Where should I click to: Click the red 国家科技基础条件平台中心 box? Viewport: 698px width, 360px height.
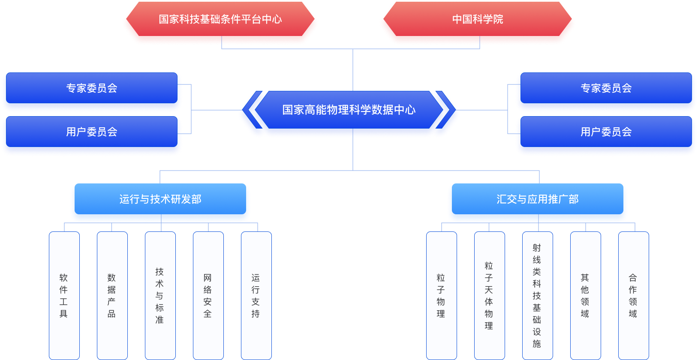pyautogui.click(x=220, y=20)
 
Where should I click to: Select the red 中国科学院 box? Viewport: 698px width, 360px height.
pyautogui.click(x=477, y=20)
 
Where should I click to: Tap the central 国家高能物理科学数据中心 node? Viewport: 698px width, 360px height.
pyautogui.click(x=349, y=110)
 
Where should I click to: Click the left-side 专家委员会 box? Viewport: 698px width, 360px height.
pyautogui.click(x=91, y=88)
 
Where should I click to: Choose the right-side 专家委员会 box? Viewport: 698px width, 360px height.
pyautogui.click(x=606, y=88)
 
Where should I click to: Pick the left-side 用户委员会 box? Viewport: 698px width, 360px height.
pyautogui.click(x=91, y=132)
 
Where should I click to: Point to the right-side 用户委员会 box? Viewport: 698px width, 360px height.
pyautogui.click(x=606, y=132)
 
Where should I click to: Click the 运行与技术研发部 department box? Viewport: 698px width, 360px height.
pyautogui.click(x=160, y=199)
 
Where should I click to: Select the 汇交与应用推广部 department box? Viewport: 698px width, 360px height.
pyautogui.click(x=537, y=199)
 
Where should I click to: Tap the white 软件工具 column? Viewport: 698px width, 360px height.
pyautogui.click(x=64, y=295)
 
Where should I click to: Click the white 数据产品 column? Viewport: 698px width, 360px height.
pyautogui.click(x=112, y=295)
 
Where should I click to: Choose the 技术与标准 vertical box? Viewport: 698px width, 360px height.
pyautogui.click(x=160, y=295)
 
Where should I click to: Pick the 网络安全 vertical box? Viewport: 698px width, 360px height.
pyautogui.click(x=208, y=295)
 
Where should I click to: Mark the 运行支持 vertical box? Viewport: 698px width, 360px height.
pyautogui.click(x=256, y=295)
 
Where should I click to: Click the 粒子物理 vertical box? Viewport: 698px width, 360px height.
pyautogui.click(x=441, y=295)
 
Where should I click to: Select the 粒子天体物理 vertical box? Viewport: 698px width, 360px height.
pyautogui.click(x=489, y=295)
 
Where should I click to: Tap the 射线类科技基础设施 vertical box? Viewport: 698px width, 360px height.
pyautogui.click(x=537, y=295)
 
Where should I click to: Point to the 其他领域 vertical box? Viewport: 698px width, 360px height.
pyautogui.click(x=585, y=295)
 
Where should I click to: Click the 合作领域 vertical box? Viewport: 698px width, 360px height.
pyautogui.click(x=633, y=295)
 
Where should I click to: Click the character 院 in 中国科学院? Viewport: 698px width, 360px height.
pyautogui.click(x=498, y=20)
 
